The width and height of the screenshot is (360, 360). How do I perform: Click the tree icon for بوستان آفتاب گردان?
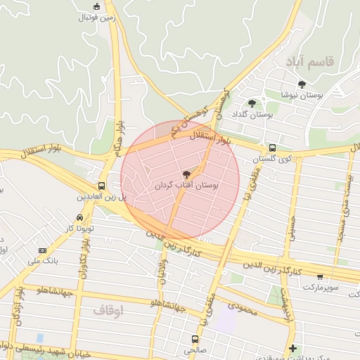(x=186, y=174)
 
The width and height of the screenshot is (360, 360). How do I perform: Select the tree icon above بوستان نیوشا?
(x=302, y=84)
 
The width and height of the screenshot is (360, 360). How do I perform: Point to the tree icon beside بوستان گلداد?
(x=252, y=103)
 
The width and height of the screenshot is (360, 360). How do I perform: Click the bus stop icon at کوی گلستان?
(x=272, y=148)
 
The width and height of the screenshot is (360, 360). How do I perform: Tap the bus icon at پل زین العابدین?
(x=102, y=186)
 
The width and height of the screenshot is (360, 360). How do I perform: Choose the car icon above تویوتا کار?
(x=79, y=218)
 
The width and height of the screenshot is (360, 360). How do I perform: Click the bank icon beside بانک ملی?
(x=43, y=250)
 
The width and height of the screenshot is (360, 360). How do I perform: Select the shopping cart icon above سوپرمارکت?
(x=321, y=277)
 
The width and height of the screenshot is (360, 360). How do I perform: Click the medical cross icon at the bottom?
(x=292, y=348)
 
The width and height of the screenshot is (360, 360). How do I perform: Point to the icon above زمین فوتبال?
(x=96, y=8)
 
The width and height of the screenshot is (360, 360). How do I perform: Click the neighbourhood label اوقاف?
(x=108, y=309)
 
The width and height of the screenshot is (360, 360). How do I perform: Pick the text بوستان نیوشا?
(x=301, y=94)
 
